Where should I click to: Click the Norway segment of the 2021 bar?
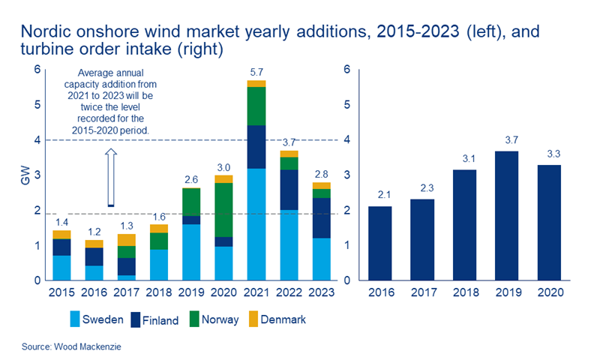[256, 106]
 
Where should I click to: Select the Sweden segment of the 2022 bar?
[289, 244]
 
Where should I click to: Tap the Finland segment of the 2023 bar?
[321, 217]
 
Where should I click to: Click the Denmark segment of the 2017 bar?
[127, 239]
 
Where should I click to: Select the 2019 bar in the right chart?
[508, 215]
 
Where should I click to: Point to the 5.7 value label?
[256, 72]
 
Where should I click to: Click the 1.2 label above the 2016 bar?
[94, 232]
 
